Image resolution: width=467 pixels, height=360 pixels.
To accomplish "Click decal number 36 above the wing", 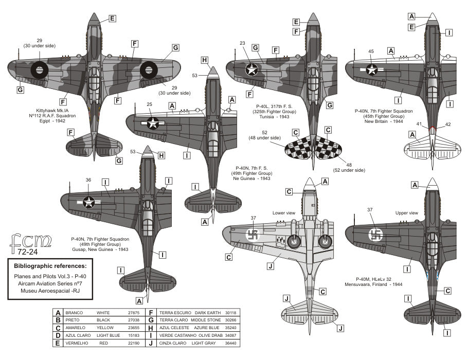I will pyautogui.click(x=88, y=181).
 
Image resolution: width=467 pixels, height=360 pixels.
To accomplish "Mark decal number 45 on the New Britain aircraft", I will pyautogui.click(x=371, y=51).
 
